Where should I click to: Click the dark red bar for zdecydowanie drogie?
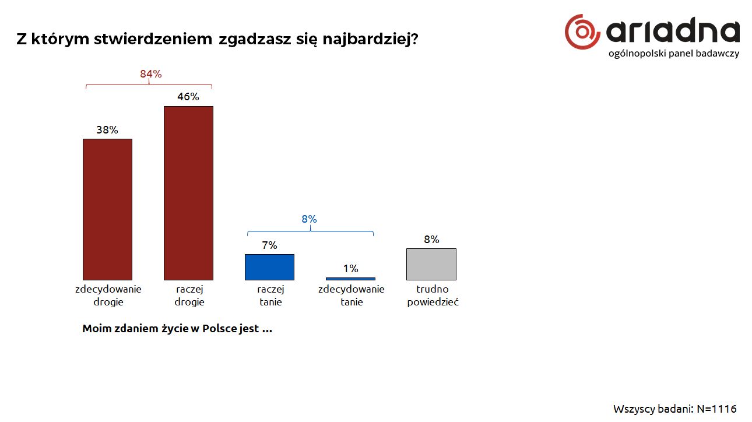pos(107,209)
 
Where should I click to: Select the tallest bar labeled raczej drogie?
pos(188,193)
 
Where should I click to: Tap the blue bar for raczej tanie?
pos(269,267)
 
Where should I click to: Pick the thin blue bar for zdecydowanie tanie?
pos(350,279)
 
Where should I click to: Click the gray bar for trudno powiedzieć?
pos(431,264)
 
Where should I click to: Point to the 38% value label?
pos(107,130)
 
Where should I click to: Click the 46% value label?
pos(188,97)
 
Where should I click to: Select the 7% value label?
pos(269,245)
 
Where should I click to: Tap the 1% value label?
pos(350,269)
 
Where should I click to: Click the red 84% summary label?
pos(150,74)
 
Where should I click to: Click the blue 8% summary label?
pos(309,219)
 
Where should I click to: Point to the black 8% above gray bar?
pos(431,240)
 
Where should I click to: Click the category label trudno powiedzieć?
pos(432,296)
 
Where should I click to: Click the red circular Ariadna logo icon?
pos(582,32)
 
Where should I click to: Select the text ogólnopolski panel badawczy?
pos(673,54)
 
